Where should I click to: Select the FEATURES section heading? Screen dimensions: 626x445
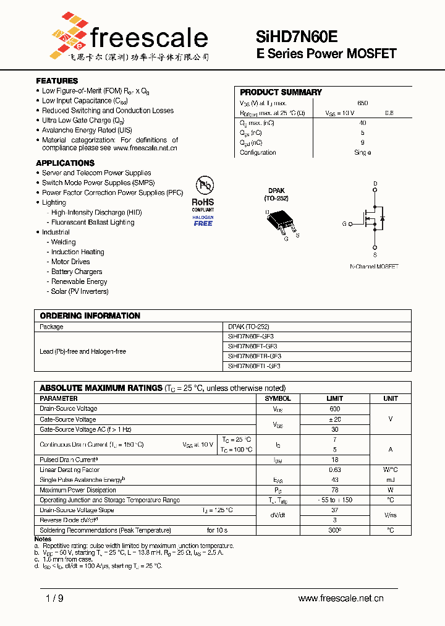click(x=57, y=81)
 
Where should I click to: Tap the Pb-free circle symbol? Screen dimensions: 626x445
click(x=205, y=186)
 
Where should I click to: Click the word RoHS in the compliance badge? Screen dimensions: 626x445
click(x=203, y=202)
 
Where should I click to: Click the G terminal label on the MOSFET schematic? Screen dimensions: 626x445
click(x=344, y=224)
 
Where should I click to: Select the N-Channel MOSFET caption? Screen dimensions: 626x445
click(x=374, y=267)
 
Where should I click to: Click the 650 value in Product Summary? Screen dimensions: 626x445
click(x=363, y=103)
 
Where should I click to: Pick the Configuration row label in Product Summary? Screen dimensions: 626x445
click(x=258, y=153)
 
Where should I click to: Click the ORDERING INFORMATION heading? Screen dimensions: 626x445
click(x=90, y=315)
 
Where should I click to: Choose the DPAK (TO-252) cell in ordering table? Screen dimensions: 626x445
click(x=248, y=327)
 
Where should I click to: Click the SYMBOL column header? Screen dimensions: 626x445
click(x=278, y=399)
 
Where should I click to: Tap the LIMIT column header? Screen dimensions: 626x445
click(x=334, y=399)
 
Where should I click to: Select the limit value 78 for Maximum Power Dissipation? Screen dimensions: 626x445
click(x=334, y=490)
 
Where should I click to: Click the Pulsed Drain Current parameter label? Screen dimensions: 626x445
click(x=69, y=460)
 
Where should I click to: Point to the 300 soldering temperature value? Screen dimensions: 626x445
click(x=334, y=530)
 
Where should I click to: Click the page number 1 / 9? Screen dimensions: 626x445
click(x=54, y=598)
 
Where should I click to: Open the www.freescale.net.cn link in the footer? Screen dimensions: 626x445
click(x=341, y=598)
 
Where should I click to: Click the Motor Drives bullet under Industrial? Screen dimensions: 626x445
click(x=70, y=262)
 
